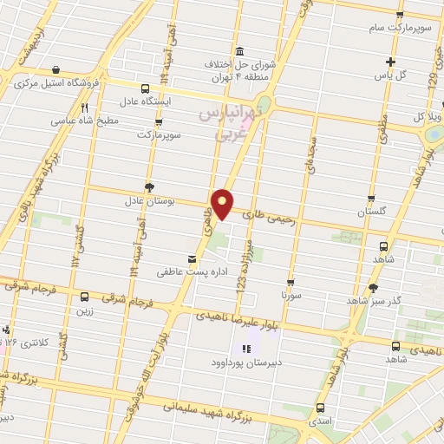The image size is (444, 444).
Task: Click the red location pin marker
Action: pos(224,203)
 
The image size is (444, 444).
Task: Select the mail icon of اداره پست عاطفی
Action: pos(193,258)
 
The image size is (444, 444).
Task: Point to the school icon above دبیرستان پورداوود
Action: pos(245,349)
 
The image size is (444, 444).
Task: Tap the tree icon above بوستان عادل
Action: pos(149,186)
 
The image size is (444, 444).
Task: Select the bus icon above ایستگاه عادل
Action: pos(145,88)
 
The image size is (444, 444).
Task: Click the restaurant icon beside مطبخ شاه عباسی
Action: pos(84,108)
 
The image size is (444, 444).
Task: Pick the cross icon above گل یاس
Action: pos(391,62)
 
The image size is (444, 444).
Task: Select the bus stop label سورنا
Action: pos(291,296)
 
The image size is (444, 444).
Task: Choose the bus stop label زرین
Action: pos(84,310)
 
